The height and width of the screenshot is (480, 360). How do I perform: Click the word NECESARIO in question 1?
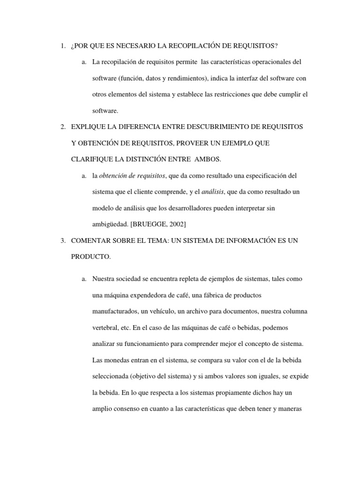[x=129, y=45]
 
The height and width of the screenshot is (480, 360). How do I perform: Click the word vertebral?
[x=105, y=328]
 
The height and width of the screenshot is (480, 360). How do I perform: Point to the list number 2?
[x=62, y=127]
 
